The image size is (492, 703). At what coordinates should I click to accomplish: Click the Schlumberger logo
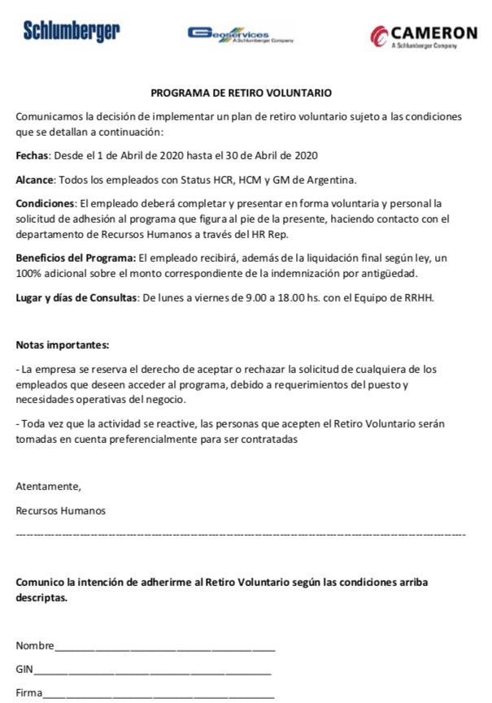point(71,32)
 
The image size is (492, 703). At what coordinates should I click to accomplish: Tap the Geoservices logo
point(239,35)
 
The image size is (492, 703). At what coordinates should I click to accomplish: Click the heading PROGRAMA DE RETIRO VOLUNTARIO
point(241,94)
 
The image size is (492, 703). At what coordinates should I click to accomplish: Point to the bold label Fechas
point(33,155)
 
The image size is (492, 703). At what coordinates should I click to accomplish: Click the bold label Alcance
point(35,180)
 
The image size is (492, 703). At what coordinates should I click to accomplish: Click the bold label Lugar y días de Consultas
point(77,297)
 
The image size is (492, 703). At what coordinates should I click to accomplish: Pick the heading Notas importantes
point(63,345)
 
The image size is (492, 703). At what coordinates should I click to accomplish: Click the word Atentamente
point(49,487)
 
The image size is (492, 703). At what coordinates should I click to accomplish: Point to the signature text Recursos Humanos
point(60,511)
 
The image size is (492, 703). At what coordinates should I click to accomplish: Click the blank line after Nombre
point(165,649)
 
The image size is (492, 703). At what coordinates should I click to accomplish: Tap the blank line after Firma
point(159,696)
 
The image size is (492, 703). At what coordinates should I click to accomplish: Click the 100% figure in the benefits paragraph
point(29,273)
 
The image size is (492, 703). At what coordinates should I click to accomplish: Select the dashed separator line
point(241,535)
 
